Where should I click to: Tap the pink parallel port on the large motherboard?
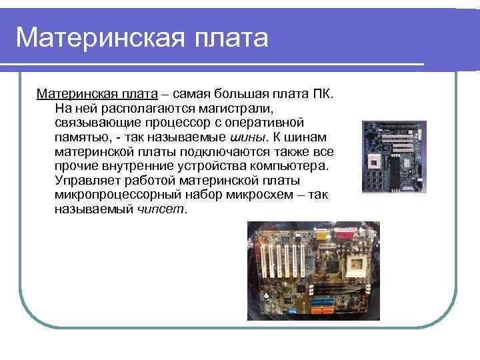point(346,235)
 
